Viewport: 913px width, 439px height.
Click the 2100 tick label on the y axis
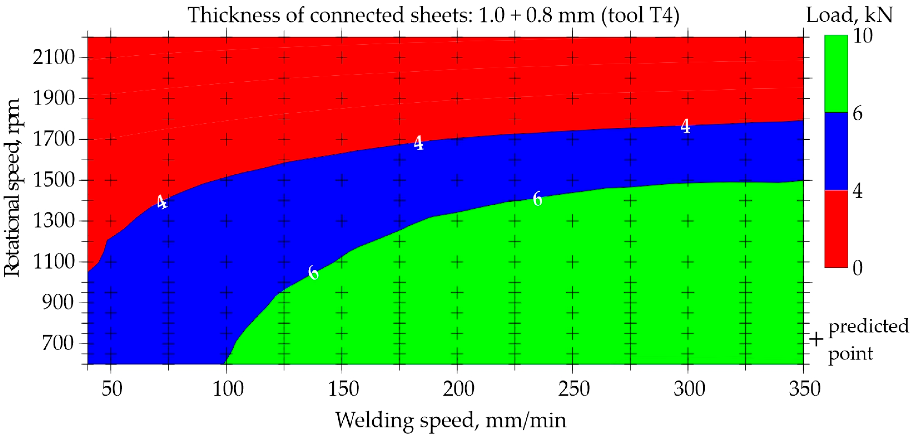[x=53, y=57]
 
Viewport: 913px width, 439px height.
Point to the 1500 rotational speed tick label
[x=53, y=180]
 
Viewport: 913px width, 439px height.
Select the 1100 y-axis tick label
[x=53, y=262]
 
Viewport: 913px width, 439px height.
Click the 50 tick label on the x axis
[x=112, y=389]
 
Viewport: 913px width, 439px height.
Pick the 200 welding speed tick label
[x=458, y=389]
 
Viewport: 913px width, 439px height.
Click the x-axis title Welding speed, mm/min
[x=451, y=421]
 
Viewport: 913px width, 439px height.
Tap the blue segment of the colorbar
[x=836, y=151]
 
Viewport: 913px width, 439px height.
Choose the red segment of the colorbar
[x=836, y=229]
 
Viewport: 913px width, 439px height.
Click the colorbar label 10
[x=862, y=36]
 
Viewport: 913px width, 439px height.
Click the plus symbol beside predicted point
[x=816, y=340]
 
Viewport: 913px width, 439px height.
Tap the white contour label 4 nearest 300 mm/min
[x=685, y=126]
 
